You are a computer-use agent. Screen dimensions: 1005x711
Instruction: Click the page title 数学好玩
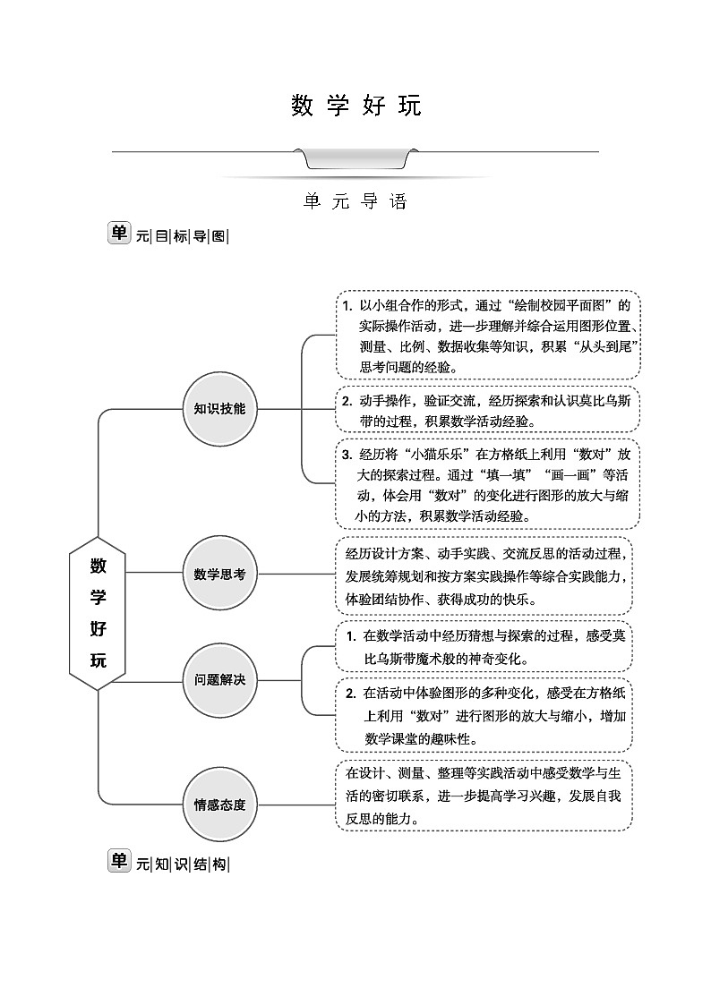pos(355,106)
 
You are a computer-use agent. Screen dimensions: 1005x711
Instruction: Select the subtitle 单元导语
pos(355,201)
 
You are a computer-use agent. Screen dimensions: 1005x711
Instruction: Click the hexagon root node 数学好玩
pos(99,613)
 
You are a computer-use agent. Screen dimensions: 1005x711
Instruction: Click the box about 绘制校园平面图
pos(487,335)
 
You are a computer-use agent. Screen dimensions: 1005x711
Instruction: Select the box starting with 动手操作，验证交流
pos(487,410)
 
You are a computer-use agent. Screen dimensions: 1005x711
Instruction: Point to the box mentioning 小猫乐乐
pos(487,483)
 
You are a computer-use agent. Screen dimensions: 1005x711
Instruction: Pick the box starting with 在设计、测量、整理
pos(484,796)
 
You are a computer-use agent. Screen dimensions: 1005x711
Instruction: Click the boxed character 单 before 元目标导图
pos(118,234)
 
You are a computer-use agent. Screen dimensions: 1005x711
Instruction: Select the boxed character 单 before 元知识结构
pos(118,861)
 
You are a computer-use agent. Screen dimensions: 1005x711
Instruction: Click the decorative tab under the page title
pos(355,158)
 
